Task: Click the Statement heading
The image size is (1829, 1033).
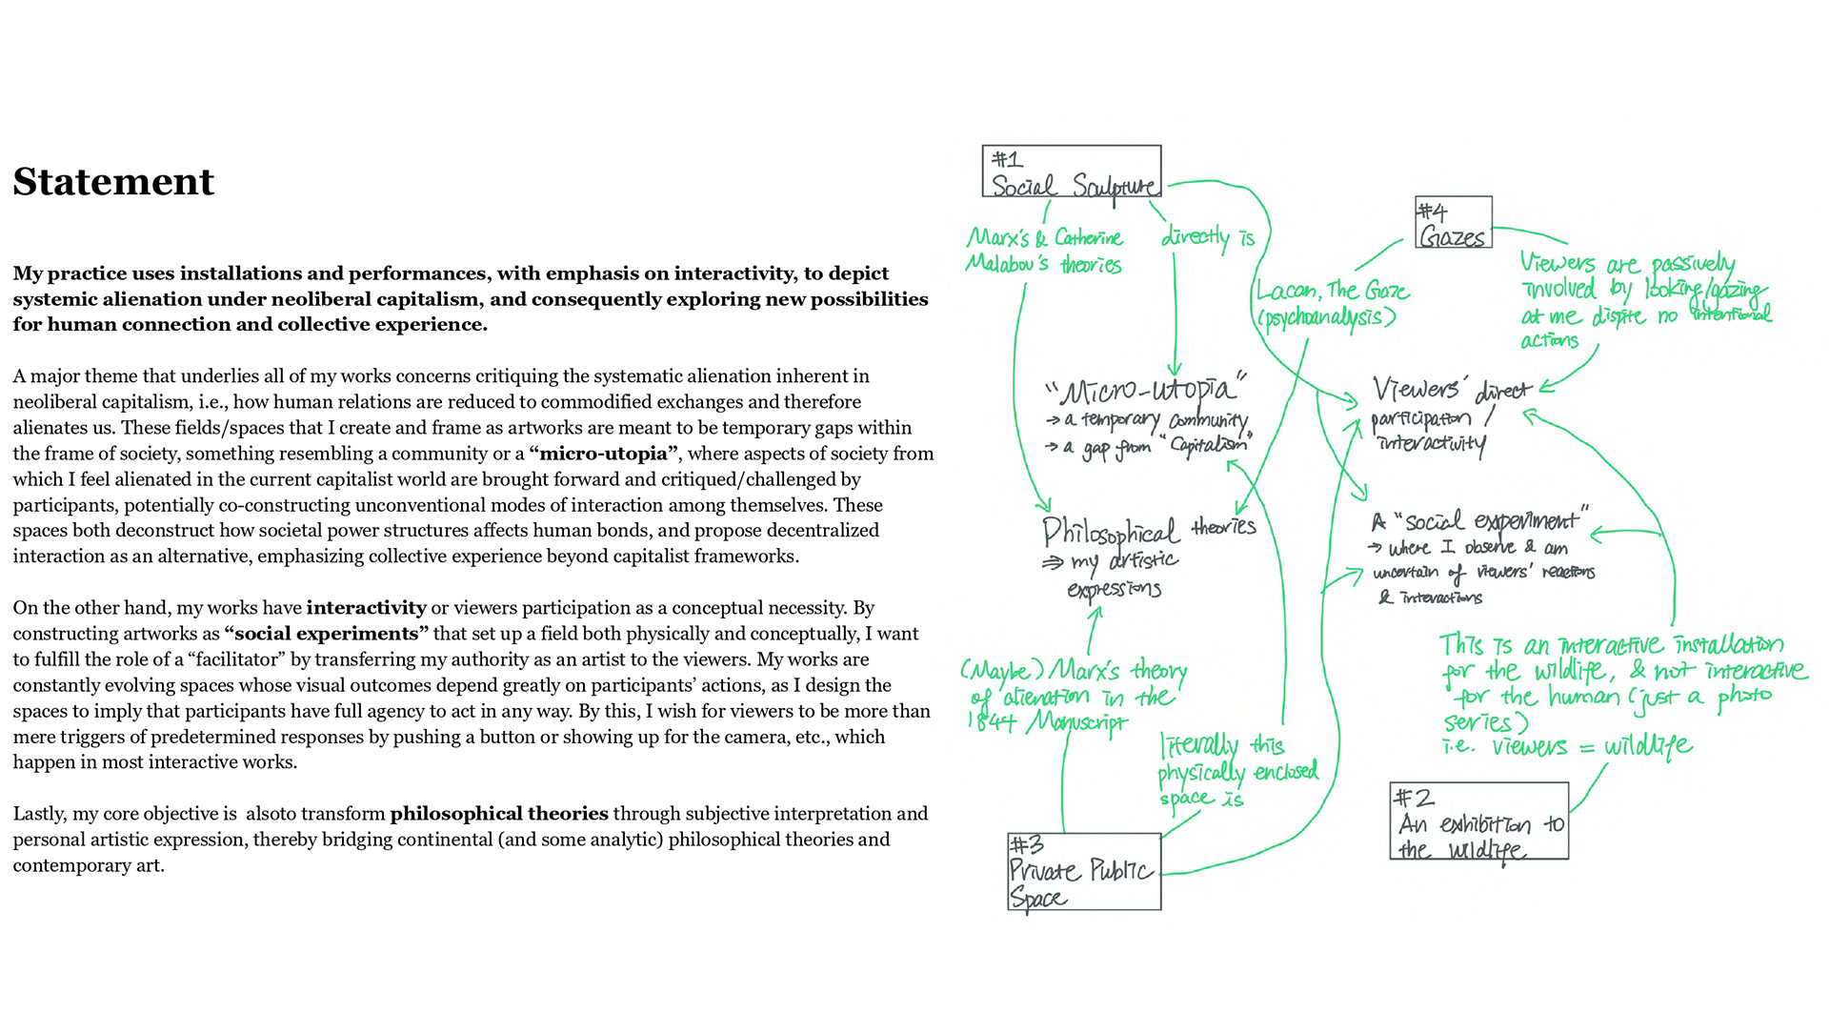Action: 113,181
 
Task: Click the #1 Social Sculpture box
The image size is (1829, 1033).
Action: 1072,172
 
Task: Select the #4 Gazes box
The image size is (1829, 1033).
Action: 1453,223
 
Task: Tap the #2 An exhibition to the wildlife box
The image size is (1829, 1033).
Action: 1478,821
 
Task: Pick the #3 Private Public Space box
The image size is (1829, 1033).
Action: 1084,872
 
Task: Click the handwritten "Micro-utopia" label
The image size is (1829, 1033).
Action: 1148,390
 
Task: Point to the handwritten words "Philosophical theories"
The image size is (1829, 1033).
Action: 1148,529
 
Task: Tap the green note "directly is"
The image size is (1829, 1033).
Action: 1207,236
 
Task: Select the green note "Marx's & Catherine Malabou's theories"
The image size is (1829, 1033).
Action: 1044,251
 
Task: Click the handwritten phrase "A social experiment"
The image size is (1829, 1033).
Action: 1479,521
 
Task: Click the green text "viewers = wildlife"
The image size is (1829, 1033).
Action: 1591,746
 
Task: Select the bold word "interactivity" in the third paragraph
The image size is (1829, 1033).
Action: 366,608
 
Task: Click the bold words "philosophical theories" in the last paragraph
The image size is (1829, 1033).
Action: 499,814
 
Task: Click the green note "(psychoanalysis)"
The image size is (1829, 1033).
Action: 1326,317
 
